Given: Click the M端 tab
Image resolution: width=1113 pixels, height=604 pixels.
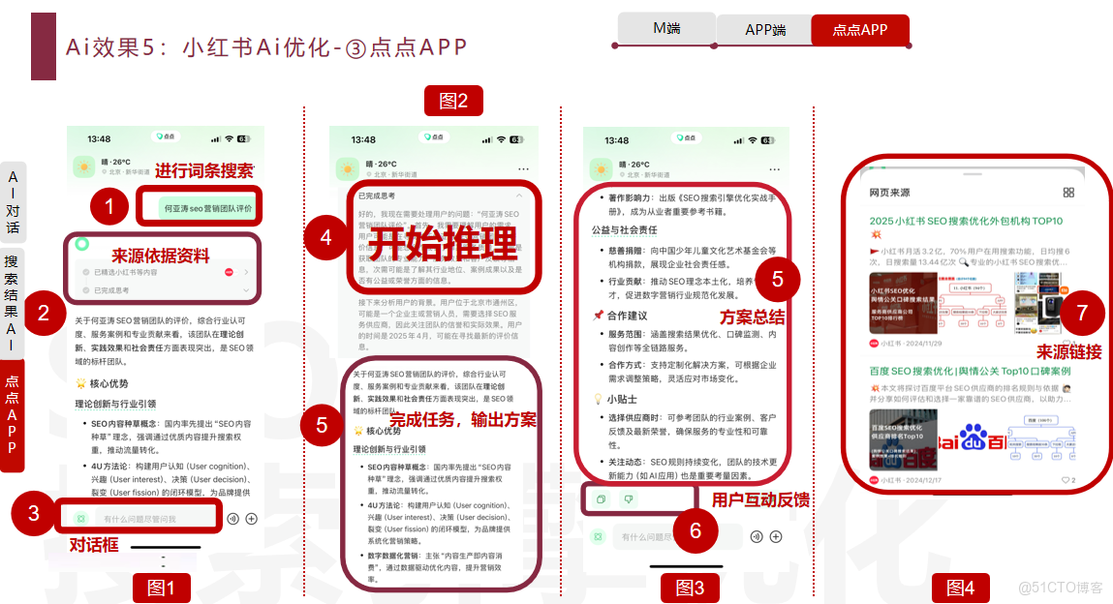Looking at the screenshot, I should pyautogui.click(x=666, y=29).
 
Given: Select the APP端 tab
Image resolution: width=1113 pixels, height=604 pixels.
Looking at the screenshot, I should pyautogui.click(x=764, y=30).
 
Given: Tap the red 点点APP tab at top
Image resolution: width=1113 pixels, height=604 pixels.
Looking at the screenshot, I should pyautogui.click(x=860, y=30).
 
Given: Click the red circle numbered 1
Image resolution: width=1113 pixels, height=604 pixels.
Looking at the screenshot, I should pyautogui.click(x=109, y=206).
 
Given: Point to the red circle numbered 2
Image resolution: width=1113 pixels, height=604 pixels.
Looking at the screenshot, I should pyautogui.click(x=44, y=313).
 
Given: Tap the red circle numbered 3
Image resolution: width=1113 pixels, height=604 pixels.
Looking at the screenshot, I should pyautogui.click(x=34, y=513).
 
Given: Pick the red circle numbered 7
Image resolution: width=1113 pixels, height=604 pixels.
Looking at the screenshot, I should pyautogui.click(x=1082, y=313).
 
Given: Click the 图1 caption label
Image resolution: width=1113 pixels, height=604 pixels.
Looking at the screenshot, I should pyautogui.click(x=161, y=588).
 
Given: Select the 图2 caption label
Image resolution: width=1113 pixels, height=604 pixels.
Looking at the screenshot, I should pyautogui.click(x=453, y=101).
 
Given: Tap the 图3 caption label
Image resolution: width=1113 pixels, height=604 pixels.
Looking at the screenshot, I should pyautogui.click(x=690, y=588).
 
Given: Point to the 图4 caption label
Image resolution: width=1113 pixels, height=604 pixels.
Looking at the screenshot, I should pyautogui.click(x=960, y=588).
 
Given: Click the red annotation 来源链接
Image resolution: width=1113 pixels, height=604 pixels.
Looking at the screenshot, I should pyautogui.click(x=1068, y=352).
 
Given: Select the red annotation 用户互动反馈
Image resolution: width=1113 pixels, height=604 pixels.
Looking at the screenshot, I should pyautogui.click(x=760, y=499).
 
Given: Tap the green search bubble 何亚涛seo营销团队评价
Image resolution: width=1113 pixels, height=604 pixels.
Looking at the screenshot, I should pyautogui.click(x=207, y=208).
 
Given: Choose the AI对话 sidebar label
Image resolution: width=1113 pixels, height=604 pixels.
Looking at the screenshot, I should pyautogui.click(x=13, y=201).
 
